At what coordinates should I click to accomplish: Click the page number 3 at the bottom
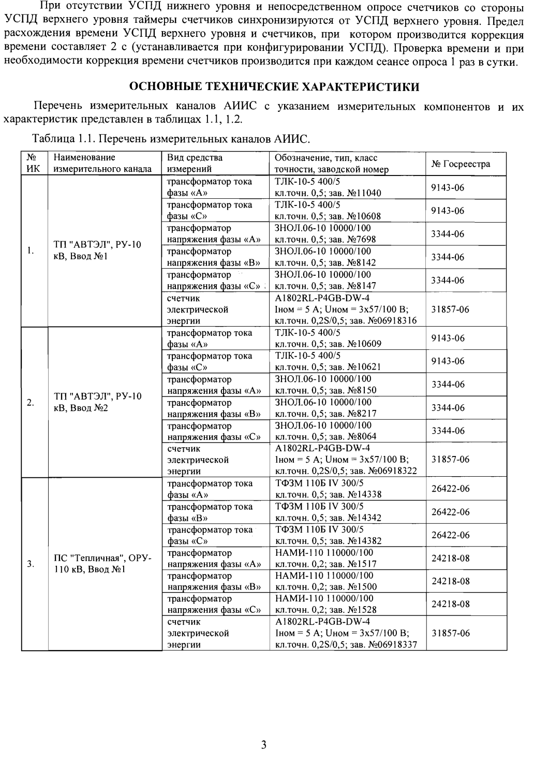pos(263,745)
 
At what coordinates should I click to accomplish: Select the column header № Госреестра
pos(461,164)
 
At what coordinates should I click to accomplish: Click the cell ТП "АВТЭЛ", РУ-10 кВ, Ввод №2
pos(97,403)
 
